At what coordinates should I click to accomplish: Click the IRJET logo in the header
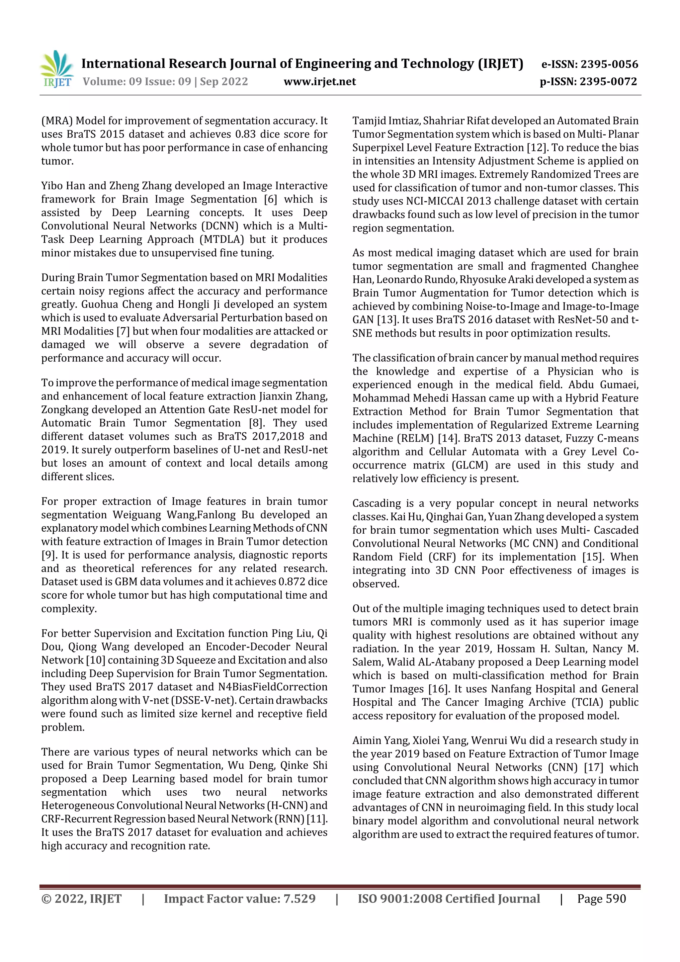coord(56,69)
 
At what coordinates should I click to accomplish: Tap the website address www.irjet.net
coord(320,82)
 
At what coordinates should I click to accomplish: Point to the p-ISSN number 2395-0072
coord(608,82)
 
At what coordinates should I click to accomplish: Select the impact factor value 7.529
coord(299,899)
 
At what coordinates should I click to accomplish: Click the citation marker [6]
coord(270,200)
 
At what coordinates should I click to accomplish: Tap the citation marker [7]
coord(123,331)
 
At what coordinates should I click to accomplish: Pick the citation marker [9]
coord(48,555)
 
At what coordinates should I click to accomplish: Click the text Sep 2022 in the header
coord(224,82)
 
